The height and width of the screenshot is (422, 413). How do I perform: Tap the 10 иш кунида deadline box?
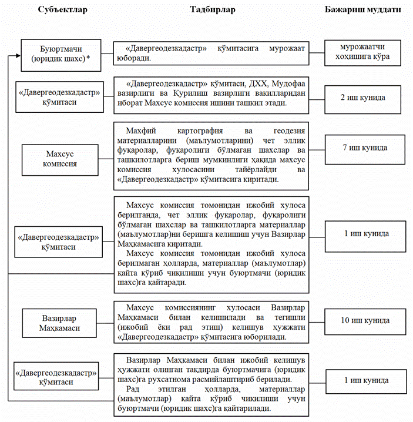pyautogui.click(x=367, y=321)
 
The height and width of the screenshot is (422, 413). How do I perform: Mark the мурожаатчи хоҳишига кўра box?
pyautogui.click(x=367, y=53)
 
